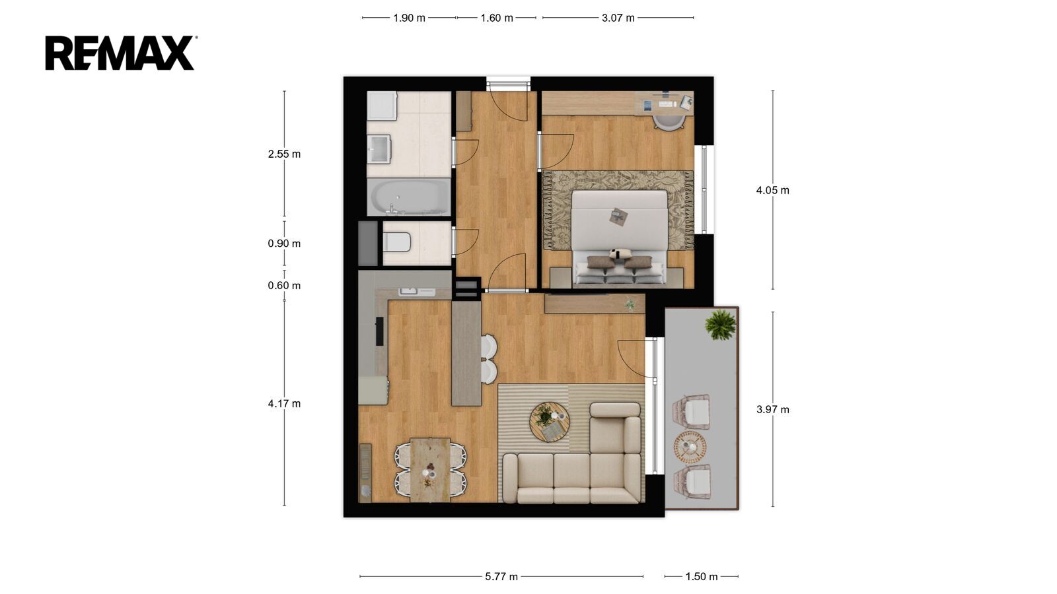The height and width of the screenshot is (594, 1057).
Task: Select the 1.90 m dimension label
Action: click(409, 18)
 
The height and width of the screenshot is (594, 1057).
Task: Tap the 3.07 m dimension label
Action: click(618, 18)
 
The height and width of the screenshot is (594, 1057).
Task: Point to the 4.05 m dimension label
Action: click(772, 191)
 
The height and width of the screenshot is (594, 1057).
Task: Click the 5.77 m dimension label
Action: click(501, 577)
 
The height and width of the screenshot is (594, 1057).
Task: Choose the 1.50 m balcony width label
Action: click(701, 577)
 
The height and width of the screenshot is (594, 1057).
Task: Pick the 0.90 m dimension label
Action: click(284, 244)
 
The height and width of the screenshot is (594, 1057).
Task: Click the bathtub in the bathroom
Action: click(409, 197)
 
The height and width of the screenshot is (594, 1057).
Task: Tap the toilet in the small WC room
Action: click(397, 242)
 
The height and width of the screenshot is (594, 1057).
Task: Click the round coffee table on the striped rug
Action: click(549, 422)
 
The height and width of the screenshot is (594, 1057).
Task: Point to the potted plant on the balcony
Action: click(721, 325)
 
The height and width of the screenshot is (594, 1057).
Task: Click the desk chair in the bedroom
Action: click(669, 121)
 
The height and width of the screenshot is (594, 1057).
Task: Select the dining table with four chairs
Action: click(430, 470)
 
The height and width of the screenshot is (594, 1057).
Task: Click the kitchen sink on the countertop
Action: click(417, 292)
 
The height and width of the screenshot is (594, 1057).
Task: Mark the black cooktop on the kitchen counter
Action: click(379, 331)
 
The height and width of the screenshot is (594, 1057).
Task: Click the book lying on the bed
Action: click(618, 217)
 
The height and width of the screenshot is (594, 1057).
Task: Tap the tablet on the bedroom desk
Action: click(647, 106)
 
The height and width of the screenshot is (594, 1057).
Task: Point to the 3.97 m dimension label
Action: click(772, 410)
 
